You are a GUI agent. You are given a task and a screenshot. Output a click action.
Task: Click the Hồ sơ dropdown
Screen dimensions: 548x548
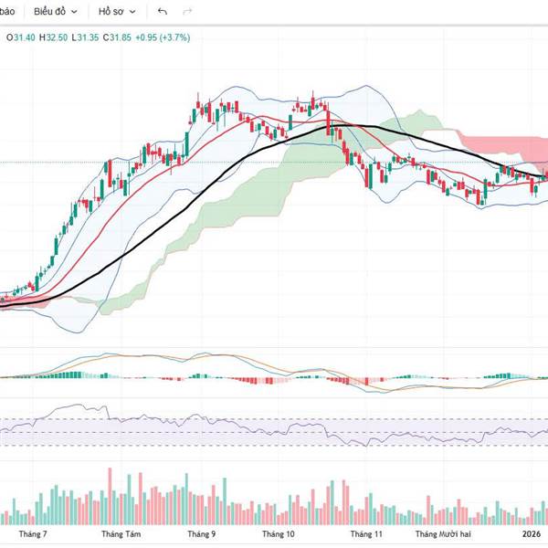pyautogui.click(x=116, y=12)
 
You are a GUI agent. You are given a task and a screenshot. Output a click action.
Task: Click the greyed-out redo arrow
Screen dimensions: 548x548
pyautogui.click(x=187, y=12)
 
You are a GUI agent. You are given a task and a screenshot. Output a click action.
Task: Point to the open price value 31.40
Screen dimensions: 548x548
pyautogui.click(x=21, y=37)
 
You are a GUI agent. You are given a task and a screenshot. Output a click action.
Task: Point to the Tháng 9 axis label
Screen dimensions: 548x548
pyautogui.click(x=201, y=533)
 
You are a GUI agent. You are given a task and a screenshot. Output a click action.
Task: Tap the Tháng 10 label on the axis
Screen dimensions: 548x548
pyautogui.click(x=278, y=533)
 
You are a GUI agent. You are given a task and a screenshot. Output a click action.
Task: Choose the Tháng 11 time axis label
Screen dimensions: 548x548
pyautogui.click(x=365, y=533)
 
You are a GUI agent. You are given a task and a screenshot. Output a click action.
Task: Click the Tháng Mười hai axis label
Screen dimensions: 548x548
pyautogui.click(x=443, y=533)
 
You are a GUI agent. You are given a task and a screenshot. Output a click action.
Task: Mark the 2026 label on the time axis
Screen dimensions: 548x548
pyautogui.click(x=532, y=533)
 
